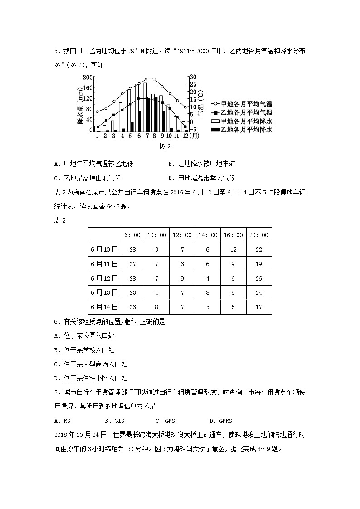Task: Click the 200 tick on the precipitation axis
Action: click(88, 78)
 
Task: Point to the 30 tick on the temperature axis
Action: click(193, 77)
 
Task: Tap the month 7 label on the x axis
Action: click(147, 136)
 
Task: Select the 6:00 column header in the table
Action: click(133, 235)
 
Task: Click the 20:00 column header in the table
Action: click(259, 235)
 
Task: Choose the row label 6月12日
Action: click(104, 278)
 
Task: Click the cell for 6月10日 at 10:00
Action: click(156, 249)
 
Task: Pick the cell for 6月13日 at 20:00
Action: click(259, 293)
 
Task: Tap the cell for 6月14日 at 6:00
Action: click(133, 307)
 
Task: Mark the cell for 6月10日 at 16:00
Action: click(233, 249)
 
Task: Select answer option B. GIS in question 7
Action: click(113, 421)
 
